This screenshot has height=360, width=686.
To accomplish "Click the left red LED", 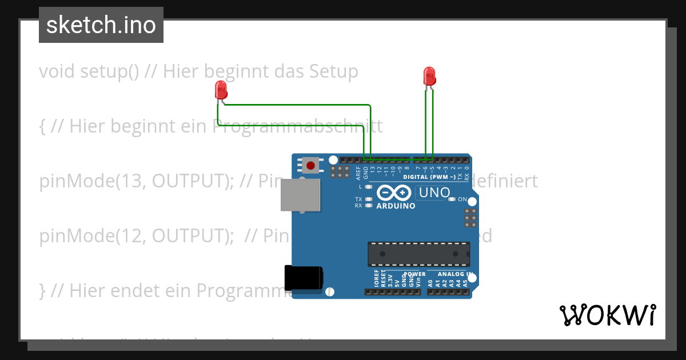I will (x=220, y=90).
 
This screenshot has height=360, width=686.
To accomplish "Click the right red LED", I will (x=429, y=75).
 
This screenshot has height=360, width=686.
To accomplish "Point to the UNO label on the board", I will (x=434, y=193).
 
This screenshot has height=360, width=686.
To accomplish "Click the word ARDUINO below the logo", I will (x=396, y=206).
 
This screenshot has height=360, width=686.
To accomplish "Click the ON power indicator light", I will (x=452, y=199).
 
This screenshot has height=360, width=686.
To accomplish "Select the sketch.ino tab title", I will (x=101, y=25).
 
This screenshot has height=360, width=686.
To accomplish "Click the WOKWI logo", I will (x=607, y=315).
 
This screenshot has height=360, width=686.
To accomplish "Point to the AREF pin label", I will (x=358, y=169).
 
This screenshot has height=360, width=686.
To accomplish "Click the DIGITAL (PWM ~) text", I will (x=429, y=177).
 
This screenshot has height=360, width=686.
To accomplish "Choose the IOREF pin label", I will (x=376, y=281).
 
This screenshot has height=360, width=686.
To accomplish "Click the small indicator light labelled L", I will (x=368, y=187).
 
